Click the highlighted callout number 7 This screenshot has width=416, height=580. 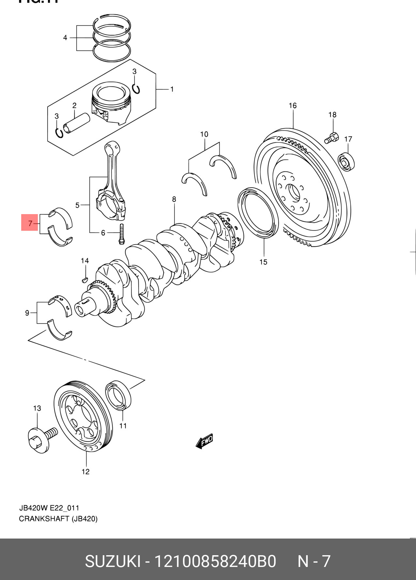30,223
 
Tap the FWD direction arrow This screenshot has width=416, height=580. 205,441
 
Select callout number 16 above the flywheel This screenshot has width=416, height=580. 293,105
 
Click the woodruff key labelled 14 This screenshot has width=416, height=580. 85,279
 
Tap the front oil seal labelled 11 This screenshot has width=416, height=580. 118,395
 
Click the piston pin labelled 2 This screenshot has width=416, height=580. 77,123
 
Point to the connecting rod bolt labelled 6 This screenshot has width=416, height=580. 121,234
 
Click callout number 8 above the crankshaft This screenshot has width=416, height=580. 174,199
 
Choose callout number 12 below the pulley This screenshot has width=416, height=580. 85,472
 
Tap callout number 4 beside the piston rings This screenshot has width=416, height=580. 65,38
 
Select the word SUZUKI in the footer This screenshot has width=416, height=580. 113,561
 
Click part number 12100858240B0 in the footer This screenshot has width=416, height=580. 215,561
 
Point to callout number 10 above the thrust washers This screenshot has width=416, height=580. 204,134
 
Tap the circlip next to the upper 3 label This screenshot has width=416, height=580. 136,88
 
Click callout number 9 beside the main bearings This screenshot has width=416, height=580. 27,313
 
